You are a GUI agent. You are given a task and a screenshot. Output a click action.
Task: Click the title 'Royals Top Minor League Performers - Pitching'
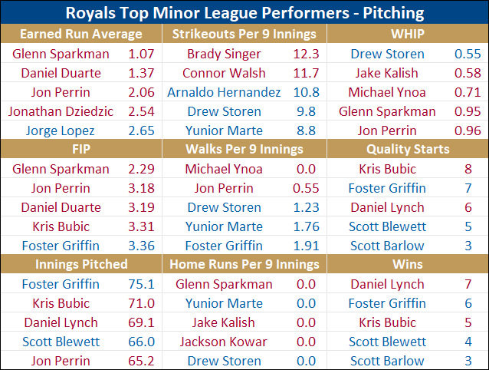pos(244,13)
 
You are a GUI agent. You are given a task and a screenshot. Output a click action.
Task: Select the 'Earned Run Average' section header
pos(81,35)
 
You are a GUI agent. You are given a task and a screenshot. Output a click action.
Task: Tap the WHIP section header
pos(408,35)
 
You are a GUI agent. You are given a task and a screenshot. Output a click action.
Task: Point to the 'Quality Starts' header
pos(408,149)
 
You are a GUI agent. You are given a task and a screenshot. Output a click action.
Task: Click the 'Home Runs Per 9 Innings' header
pos(244,264)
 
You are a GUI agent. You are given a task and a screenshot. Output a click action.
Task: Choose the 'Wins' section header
pos(408,264)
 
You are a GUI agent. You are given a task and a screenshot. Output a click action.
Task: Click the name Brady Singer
pos(224,54)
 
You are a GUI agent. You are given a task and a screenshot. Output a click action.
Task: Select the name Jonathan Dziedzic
pos(61,111)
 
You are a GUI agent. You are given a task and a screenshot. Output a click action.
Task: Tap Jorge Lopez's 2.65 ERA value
pos(141,130)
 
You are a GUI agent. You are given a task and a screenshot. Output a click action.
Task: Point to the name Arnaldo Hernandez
pos(224,92)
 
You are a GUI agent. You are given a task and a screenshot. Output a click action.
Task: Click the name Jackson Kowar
pos(224,342)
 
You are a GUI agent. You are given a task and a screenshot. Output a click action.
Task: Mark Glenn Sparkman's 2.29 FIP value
pos(141,169)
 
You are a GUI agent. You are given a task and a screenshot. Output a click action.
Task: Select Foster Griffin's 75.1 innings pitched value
pos(141,284)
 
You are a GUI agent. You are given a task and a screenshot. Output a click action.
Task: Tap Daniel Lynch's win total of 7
pos(468,284)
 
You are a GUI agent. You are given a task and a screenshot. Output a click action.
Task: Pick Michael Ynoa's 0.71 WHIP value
pos(468,92)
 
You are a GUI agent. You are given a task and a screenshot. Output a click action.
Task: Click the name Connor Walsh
pos(224,73)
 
